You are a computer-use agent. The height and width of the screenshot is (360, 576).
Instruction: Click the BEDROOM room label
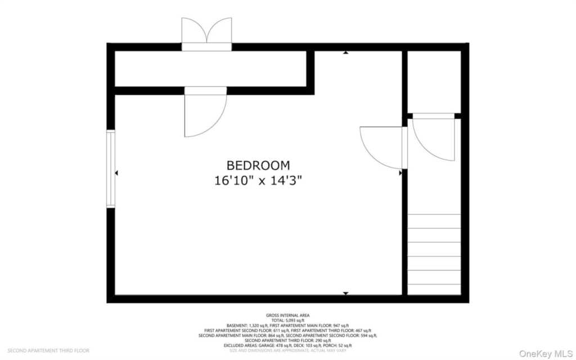(x=258, y=165)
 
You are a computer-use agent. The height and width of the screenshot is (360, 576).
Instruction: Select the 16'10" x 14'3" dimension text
(x=258, y=181)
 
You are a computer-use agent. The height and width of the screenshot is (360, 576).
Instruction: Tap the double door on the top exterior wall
(x=206, y=34)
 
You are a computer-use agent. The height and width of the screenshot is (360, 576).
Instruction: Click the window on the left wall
(x=111, y=169)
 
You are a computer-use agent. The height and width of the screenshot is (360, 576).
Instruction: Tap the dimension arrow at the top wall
(x=345, y=53)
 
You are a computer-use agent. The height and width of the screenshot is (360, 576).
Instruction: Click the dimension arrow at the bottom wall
(x=345, y=293)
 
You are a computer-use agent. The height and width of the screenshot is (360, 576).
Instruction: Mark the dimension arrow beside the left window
(x=117, y=174)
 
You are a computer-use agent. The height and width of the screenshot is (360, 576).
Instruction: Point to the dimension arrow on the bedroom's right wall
(x=400, y=173)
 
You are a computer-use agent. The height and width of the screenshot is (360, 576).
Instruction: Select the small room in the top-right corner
(x=434, y=82)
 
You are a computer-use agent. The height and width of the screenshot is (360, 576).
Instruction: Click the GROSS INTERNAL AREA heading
(x=287, y=316)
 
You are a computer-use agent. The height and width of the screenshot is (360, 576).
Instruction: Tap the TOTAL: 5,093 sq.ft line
(x=287, y=321)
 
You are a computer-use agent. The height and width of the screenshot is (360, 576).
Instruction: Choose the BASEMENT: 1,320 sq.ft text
(x=247, y=326)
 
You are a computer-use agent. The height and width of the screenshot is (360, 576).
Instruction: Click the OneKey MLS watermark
(x=545, y=353)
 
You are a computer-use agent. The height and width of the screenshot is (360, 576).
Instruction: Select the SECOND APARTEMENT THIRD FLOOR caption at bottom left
(x=48, y=350)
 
